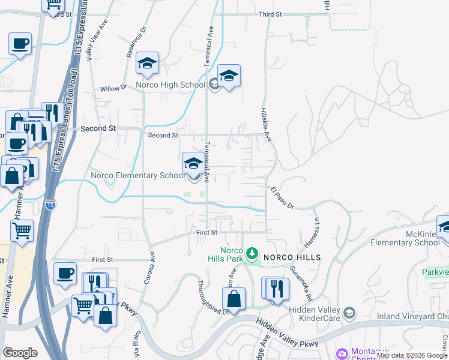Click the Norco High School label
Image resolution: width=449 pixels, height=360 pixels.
tap(170, 85)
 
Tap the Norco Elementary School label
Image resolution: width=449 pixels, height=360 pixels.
tap(138, 175)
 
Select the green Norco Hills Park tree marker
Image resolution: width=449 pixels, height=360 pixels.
tap(253, 254)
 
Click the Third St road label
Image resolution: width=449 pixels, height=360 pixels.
tap(270, 14)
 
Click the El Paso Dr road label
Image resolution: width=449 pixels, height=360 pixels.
tap(282, 198)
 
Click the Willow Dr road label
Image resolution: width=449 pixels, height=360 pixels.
tap(113, 88)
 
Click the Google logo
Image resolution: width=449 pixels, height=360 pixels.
tap(20, 353)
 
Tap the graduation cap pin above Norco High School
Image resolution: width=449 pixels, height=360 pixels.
tap(147, 63)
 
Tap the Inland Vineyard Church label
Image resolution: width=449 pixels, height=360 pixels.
tap(412, 316)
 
